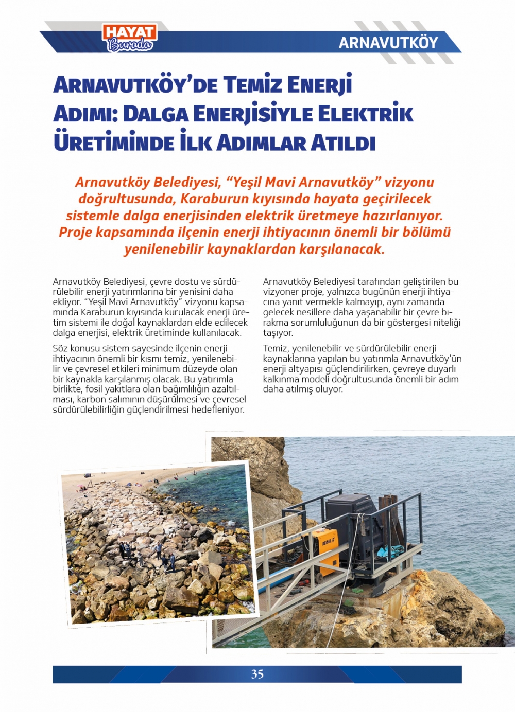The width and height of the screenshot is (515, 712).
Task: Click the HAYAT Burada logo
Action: tap(130, 39)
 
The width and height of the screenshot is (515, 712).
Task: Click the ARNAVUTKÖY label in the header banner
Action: tap(388, 43)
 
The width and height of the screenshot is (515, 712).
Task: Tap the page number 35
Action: tap(257, 674)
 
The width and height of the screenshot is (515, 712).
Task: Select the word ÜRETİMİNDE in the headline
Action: tap(114, 143)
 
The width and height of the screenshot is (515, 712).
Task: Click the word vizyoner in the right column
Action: tap(279, 292)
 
